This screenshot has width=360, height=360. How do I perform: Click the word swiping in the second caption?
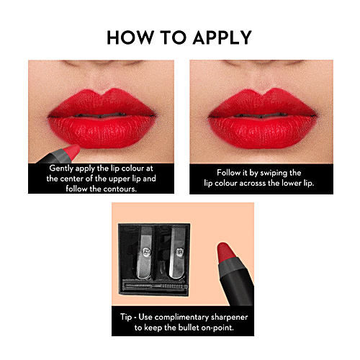(276, 173)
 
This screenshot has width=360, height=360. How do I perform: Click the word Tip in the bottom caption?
(130, 315)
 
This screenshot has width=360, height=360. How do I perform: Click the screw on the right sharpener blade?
(179, 253)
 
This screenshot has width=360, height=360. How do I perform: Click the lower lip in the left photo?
(101, 130)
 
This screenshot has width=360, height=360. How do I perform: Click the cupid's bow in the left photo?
(100, 94)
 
